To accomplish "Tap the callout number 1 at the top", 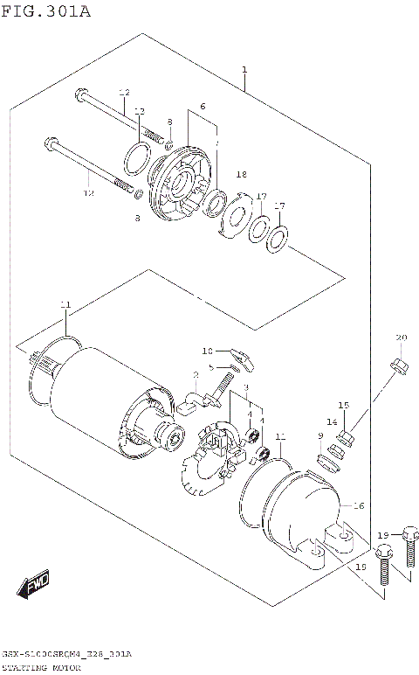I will click(x=244, y=69).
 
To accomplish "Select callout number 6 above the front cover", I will click(x=202, y=106).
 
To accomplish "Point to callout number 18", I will click(x=242, y=175).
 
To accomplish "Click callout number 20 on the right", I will click(x=401, y=338).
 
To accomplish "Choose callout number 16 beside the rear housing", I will click(x=358, y=505).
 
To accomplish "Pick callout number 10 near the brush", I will click(x=208, y=351).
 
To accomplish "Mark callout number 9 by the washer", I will click(x=320, y=435).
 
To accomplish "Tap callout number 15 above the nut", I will click(x=344, y=405).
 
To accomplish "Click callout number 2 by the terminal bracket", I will click(x=196, y=374).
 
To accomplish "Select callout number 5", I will click(x=210, y=366).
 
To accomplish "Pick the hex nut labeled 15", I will click(x=344, y=432).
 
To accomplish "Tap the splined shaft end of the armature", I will click(x=38, y=359).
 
